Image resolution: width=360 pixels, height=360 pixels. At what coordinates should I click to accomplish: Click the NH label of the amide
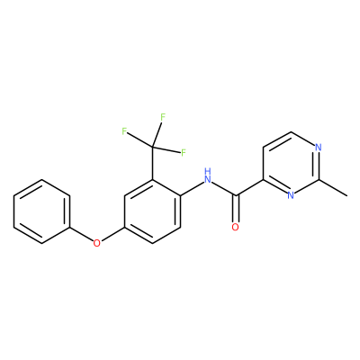pyautogui.click(x=208, y=176)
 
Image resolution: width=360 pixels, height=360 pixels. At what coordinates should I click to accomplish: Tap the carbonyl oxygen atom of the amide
pyautogui.click(x=236, y=227)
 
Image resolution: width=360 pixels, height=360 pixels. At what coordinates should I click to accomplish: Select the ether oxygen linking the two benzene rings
pyautogui.click(x=96, y=243)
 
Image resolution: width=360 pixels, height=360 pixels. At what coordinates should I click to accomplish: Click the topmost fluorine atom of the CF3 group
pyautogui.click(x=163, y=117)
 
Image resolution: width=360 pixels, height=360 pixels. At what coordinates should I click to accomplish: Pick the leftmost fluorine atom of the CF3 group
pyautogui.click(x=124, y=131)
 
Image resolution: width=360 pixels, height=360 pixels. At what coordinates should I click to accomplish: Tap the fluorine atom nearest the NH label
pyautogui.click(x=184, y=152)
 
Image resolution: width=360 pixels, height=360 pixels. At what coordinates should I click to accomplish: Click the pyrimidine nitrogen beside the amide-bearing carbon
pyautogui.click(x=291, y=195)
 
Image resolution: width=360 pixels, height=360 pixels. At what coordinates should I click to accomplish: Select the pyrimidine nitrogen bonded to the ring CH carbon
pyautogui.click(x=319, y=148)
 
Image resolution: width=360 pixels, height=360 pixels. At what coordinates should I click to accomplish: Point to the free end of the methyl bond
pyautogui.click(x=347, y=196)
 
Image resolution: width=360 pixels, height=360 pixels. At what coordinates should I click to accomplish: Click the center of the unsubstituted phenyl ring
pyautogui.click(x=42, y=211)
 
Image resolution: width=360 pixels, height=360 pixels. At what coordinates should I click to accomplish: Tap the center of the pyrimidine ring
pyautogui.click(x=291, y=164)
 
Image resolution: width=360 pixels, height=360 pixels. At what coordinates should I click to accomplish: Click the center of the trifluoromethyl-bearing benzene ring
pyautogui.click(x=152, y=211)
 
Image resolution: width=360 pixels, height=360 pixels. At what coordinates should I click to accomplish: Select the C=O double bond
pyautogui.click(x=236, y=209)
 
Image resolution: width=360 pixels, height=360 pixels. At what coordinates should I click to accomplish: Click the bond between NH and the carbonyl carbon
pyautogui.click(x=224, y=189)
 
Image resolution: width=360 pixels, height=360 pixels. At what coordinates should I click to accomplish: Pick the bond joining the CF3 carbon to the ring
pyautogui.click(x=152, y=164)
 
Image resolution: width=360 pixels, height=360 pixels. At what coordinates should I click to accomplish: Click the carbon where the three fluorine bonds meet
pyautogui.click(x=152, y=147)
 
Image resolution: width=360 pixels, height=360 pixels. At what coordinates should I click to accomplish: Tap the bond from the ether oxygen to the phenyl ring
pyautogui.click(x=81, y=234)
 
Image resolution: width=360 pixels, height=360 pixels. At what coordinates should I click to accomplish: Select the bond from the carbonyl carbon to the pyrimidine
pyautogui.click(x=250, y=188)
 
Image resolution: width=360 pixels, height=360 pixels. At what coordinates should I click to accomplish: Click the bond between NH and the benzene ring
pyautogui.click(x=192, y=189)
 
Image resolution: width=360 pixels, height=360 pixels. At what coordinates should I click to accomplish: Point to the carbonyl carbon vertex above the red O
pyautogui.click(x=237, y=196)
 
